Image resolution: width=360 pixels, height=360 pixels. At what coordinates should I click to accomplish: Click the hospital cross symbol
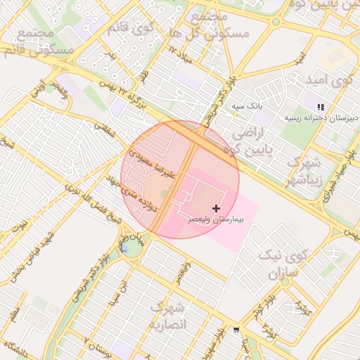coord(216,208)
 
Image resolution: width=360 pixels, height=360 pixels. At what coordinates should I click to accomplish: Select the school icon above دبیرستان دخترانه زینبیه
coord(321,107)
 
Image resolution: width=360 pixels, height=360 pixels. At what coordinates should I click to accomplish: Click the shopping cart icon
coord(236,330)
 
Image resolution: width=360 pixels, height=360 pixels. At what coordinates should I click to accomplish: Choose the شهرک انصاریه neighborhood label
coord(169,316)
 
